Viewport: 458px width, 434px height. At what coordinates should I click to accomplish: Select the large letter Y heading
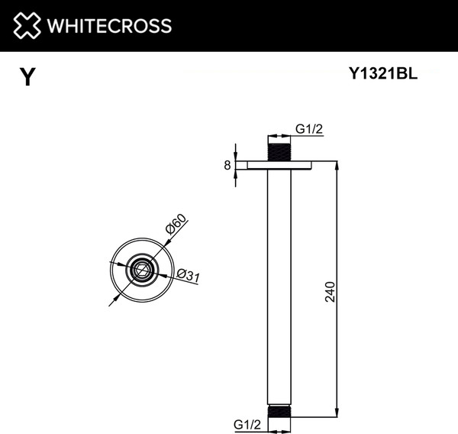click(27, 77)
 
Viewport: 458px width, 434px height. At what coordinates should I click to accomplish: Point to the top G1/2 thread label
click(309, 129)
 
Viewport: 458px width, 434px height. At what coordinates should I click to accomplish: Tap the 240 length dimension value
click(330, 291)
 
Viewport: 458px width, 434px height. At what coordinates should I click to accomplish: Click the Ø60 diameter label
click(176, 227)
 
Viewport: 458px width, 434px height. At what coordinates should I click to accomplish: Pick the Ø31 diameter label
click(187, 276)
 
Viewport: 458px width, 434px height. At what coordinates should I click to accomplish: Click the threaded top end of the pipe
click(280, 149)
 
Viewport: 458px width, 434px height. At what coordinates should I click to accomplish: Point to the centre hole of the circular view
click(140, 269)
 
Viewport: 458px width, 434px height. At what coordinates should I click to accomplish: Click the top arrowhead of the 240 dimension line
click(337, 165)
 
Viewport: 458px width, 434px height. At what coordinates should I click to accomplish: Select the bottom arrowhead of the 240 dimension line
click(337, 413)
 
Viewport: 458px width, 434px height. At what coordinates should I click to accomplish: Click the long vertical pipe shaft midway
click(280, 290)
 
